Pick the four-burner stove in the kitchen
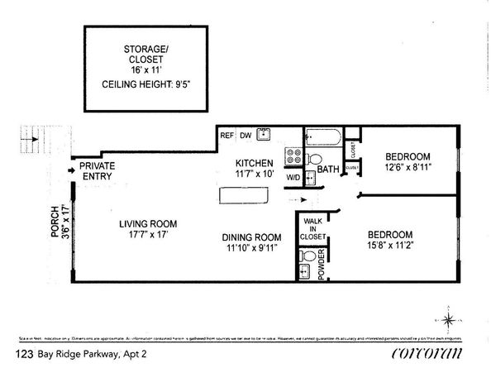tap(293, 155)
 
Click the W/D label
tap(293, 177)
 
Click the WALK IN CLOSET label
tap(313, 228)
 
